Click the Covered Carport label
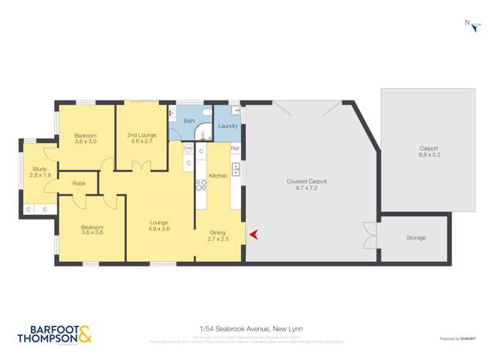tap(306, 185)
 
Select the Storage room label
tap(416, 238)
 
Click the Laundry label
tap(228, 126)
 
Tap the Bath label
tap(189, 121)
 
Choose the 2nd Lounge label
tap(141, 138)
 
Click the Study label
tap(39, 172)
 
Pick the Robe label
tap(79, 184)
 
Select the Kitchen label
tap(218, 176)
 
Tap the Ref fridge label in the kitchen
tap(235, 148)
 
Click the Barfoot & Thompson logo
tap(54, 335)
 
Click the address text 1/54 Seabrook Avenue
tap(247, 329)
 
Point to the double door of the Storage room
tap(370, 236)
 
